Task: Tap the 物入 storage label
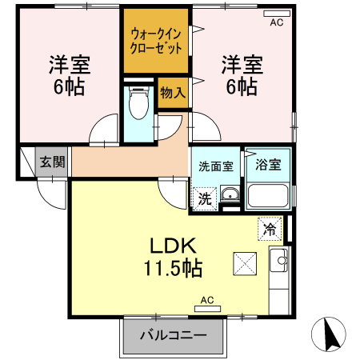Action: (173, 92)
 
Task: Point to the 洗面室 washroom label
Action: (216, 167)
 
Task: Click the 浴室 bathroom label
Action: (268, 166)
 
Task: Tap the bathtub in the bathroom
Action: (268, 196)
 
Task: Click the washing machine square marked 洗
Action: (205, 198)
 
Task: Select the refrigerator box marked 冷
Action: (270, 229)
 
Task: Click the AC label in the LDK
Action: (207, 302)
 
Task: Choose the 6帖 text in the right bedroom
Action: (240, 86)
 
